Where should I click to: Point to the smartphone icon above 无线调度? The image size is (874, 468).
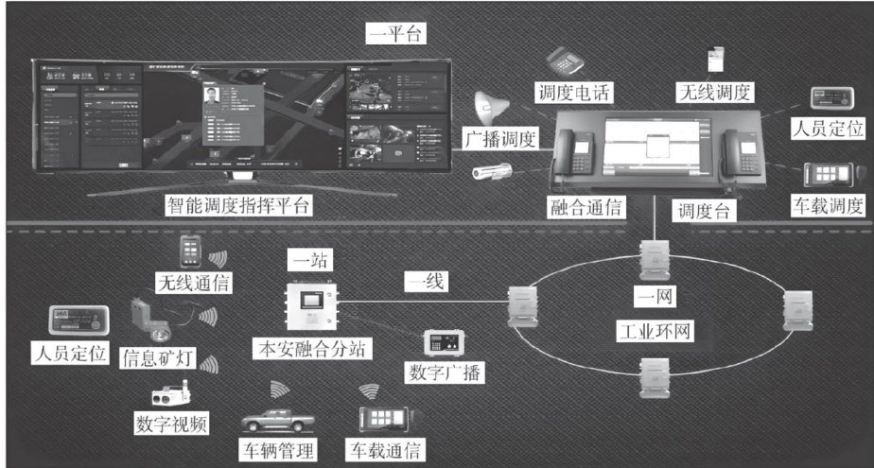(716, 59)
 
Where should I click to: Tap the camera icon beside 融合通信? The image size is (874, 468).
(493, 171)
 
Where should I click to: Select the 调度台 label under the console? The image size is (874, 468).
(701, 210)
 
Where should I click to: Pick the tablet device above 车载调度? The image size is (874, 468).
(830, 173)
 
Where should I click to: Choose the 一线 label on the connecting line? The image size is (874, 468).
(427, 281)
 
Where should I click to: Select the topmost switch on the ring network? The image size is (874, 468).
(653, 255)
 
